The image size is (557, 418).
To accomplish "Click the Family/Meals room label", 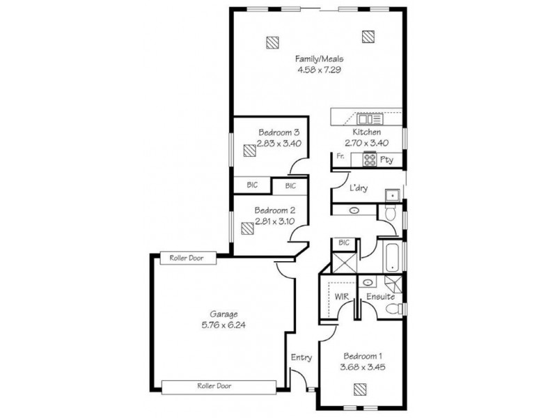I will (x=318, y=59).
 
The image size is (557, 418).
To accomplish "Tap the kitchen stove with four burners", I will (x=369, y=160).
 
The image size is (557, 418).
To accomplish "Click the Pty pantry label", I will (x=387, y=160).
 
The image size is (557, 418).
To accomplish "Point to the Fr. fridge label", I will (x=340, y=157).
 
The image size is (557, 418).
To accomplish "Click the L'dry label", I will (x=359, y=188).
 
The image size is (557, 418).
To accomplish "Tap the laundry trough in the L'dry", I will (x=391, y=194).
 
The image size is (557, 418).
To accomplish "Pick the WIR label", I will (x=341, y=297).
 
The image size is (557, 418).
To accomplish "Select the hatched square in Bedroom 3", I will (x=249, y=150).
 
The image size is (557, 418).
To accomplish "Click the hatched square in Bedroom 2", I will (x=247, y=228).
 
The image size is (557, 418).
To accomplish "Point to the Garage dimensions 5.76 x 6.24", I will (x=219, y=323).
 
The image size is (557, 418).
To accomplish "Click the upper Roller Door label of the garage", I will (x=185, y=258).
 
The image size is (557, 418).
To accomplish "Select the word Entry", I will (x=301, y=357).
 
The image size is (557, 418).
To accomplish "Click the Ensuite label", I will (x=382, y=297).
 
